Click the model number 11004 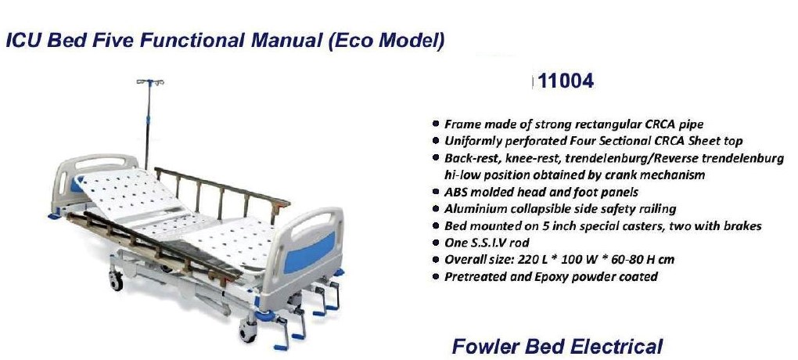coord(566,81)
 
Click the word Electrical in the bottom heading coord(616,347)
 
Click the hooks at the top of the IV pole coord(150,82)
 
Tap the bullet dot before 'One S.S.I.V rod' coord(435,243)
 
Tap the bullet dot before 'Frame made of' coord(435,124)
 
